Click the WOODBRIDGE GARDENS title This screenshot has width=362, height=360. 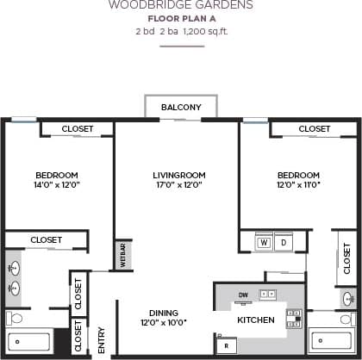(180, 5)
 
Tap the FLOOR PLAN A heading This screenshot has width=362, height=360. (181, 18)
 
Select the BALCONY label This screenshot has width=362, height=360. (181, 107)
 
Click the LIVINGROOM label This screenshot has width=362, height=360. (177, 173)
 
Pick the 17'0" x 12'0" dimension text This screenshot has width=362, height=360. (177, 184)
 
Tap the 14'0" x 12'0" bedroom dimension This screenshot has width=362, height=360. (57, 184)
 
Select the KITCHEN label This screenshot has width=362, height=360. (255, 320)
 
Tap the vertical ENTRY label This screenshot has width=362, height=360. (101, 338)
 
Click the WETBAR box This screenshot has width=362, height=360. (123, 256)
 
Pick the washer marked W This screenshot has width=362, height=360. (264, 243)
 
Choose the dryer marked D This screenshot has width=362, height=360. (283, 243)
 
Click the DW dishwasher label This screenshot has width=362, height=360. (244, 295)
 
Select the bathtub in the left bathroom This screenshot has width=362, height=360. (30, 341)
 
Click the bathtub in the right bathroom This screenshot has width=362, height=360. (332, 341)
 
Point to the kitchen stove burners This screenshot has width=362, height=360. (294, 318)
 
